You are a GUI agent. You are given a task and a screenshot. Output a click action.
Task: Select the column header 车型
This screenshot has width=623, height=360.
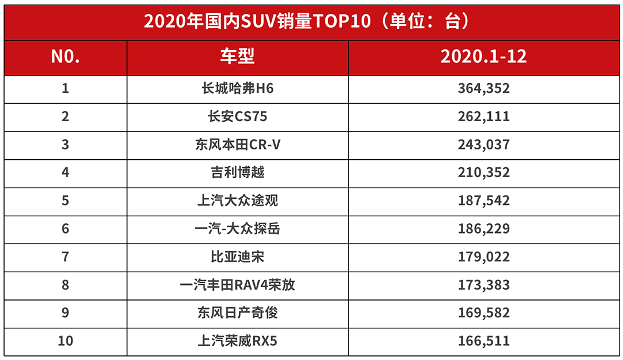pos(237,57)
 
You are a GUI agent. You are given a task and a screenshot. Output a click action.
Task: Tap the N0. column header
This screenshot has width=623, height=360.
pos(65,57)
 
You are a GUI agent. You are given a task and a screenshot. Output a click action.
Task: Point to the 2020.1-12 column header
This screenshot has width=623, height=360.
pos(483,57)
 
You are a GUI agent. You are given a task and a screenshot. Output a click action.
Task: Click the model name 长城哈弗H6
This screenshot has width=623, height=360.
pos(237,89)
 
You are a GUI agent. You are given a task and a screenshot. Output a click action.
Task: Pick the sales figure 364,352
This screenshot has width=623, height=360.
pos(484,89)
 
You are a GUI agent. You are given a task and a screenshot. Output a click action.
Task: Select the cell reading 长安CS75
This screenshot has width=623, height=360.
pos(237,117)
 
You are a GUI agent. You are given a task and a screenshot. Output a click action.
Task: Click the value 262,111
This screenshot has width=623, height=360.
pos(484,117)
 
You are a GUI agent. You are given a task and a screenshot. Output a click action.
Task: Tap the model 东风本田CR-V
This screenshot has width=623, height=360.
pos(237,145)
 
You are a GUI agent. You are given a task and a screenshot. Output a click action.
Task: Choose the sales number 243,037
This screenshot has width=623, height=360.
pos(484,145)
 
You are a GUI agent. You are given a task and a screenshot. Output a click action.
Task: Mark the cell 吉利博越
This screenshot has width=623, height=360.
pos(237,172)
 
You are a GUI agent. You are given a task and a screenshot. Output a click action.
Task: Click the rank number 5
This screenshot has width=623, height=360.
pos(65,201)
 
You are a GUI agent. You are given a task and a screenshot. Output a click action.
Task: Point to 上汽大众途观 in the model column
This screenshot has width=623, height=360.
pos(237,201)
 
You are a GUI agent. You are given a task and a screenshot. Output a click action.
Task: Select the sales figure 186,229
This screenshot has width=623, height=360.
pos(484,228)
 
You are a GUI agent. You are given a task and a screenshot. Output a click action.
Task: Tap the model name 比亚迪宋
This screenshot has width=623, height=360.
pos(237,257)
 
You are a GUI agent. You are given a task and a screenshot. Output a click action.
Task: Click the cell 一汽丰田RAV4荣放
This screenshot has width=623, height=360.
pos(237,284)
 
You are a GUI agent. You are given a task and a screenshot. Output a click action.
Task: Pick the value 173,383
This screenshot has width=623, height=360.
pos(484,284)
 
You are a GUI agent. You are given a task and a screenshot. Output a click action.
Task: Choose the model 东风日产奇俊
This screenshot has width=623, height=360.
pos(237,313)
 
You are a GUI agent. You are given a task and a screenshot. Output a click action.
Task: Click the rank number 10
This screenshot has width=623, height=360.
pos(65,340)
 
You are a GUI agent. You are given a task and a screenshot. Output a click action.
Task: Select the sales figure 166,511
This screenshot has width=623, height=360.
pos(484,340)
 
